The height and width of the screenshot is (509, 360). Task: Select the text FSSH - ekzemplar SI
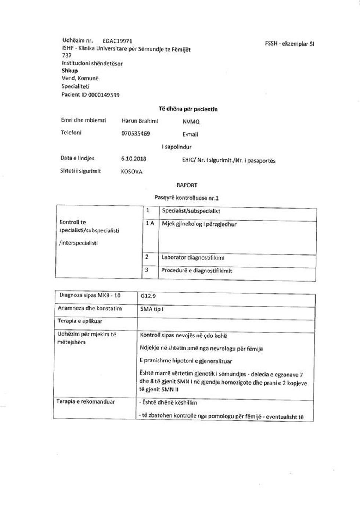tap(289, 43)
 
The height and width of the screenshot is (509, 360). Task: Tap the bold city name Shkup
tap(69, 71)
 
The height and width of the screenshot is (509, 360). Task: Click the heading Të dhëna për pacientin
tap(188, 109)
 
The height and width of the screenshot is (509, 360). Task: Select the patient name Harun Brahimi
tap(140, 120)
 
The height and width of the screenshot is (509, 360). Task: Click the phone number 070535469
tap(135, 133)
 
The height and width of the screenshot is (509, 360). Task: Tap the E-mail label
tap(190, 134)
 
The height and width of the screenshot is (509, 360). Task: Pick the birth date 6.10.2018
tap(133, 159)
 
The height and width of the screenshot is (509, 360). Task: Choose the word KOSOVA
tap(131, 172)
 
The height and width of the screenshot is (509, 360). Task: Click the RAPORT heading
tap(187, 185)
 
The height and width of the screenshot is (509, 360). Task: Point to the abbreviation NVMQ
tap(191, 122)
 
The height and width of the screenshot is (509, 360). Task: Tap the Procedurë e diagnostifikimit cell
tap(197, 271)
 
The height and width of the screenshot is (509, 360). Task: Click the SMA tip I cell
tap(152, 309)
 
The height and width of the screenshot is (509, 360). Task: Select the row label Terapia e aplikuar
tap(80, 321)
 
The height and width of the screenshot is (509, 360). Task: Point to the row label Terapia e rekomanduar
tap(85, 402)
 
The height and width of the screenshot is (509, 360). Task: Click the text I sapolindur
tap(176, 147)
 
